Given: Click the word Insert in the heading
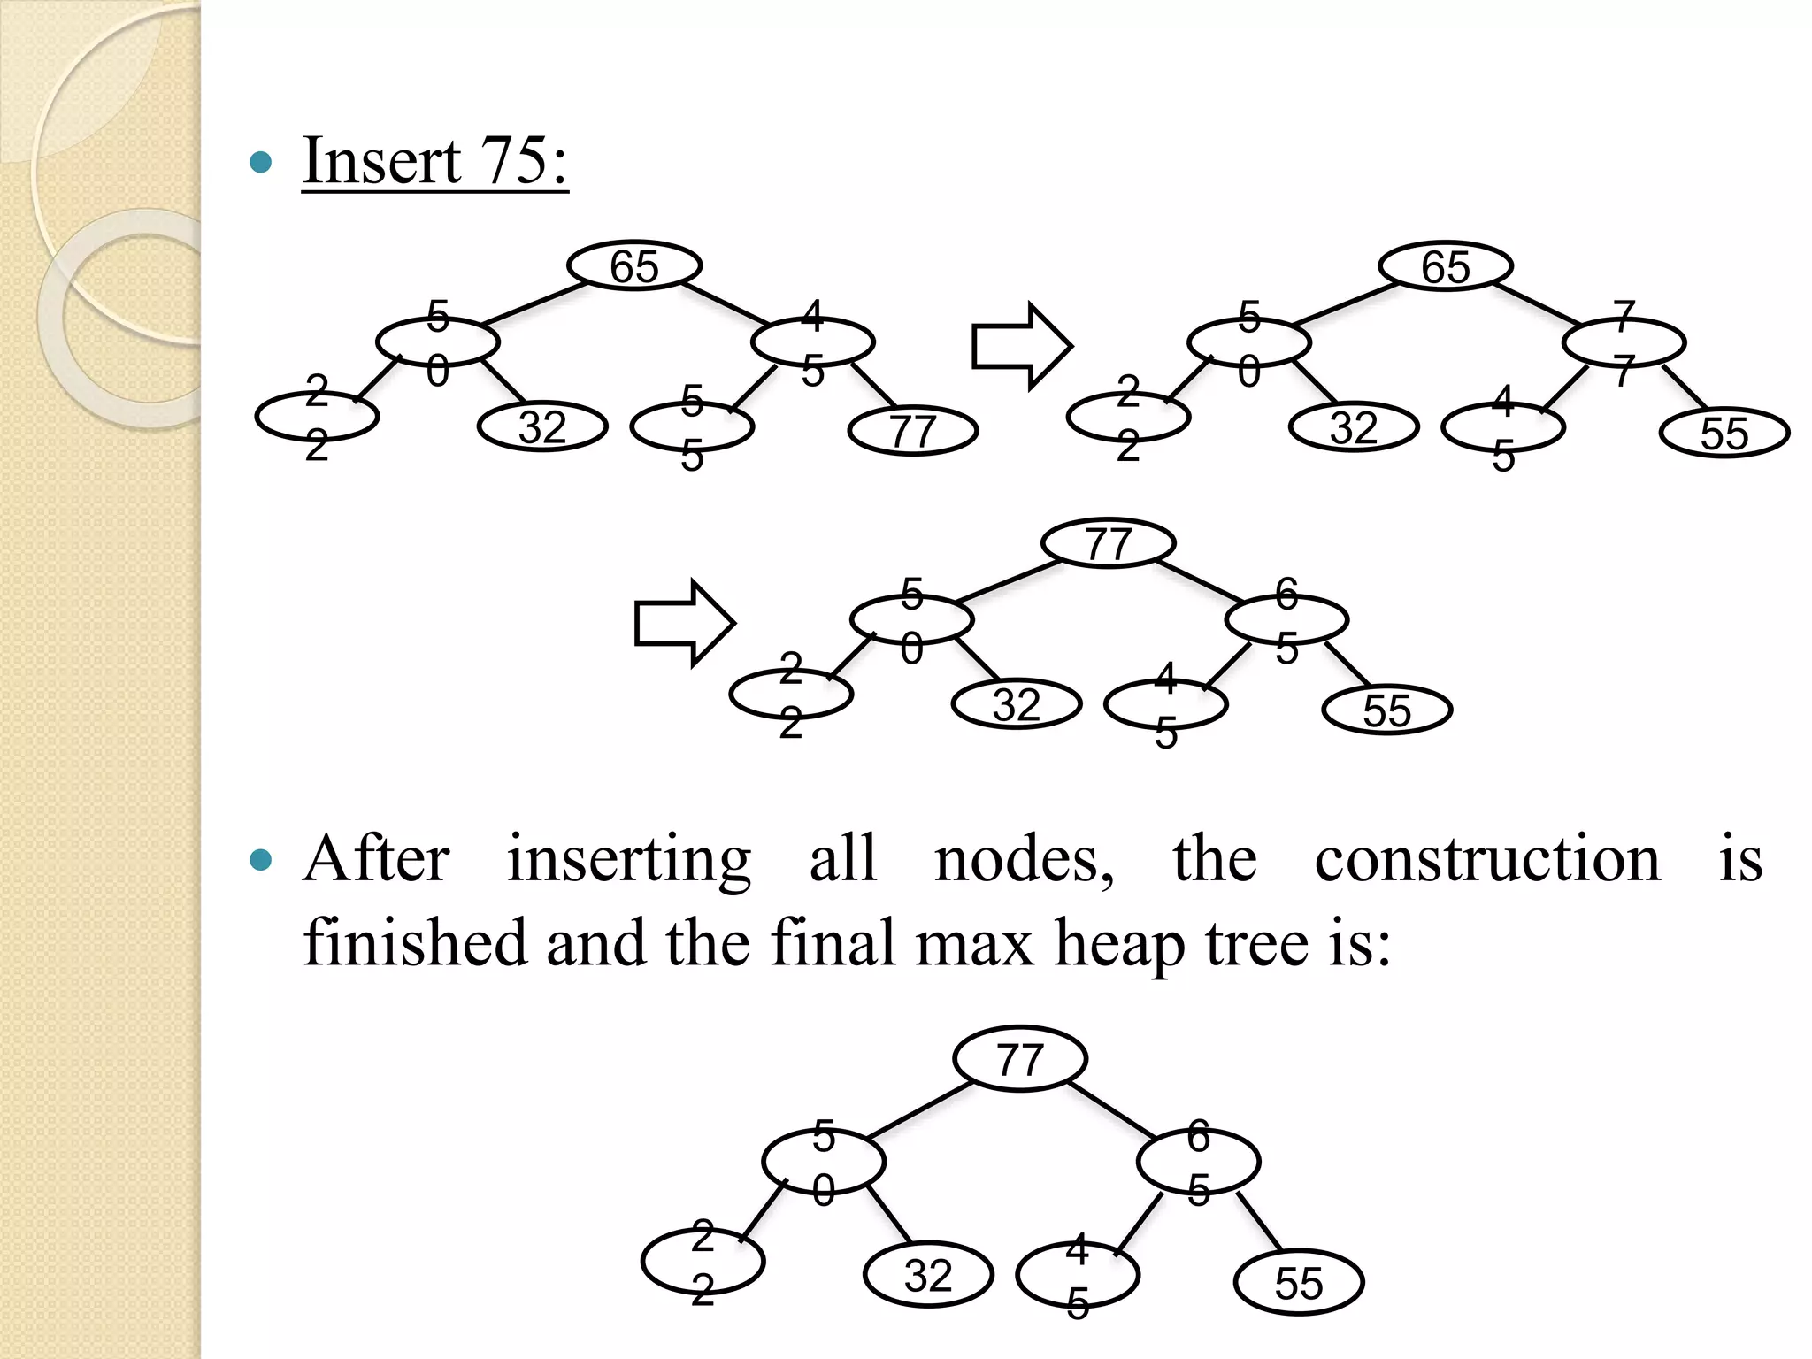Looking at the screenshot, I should click(381, 161).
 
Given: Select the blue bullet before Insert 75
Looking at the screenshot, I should click(261, 162).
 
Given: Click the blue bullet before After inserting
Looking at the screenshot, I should click(261, 859).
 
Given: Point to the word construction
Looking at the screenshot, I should click(1487, 859).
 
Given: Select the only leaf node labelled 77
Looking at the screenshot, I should click(912, 431).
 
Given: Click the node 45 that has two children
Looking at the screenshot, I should click(813, 342).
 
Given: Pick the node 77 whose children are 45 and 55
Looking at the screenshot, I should click(1624, 343).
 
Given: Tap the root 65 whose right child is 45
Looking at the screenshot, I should click(634, 265).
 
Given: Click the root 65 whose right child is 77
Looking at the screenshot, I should click(1446, 266).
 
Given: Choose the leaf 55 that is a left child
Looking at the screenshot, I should click(692, 427).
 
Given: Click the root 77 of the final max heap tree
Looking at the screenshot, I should click(1020, 1059).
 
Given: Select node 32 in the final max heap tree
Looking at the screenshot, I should click(928, 1275).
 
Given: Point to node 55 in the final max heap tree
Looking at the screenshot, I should click(1298, 1282).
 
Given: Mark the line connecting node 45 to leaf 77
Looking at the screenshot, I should click(874, 385).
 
